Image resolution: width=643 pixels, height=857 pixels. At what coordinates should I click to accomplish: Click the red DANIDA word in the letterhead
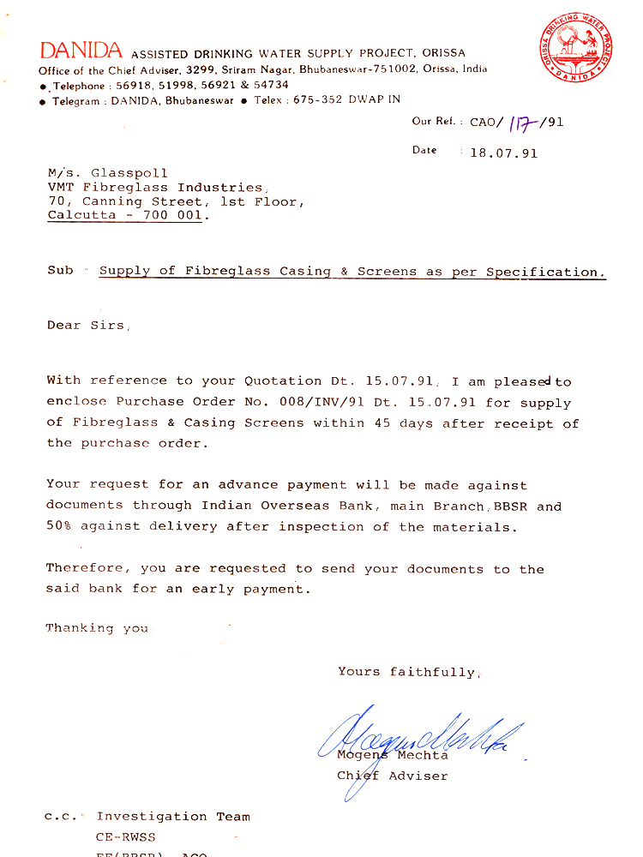(81, 51)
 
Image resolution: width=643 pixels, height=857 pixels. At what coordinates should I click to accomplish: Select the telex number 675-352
(318, 99)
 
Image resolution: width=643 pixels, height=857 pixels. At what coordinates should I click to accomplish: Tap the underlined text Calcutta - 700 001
(127, 216)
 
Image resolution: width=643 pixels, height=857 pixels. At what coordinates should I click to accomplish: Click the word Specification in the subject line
(545, 272)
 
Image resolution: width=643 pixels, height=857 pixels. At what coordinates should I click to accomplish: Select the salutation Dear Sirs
(87, 326)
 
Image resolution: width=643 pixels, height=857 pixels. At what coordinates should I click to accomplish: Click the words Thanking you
(97, 628)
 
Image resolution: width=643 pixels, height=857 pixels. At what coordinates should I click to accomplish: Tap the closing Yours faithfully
(407, 672)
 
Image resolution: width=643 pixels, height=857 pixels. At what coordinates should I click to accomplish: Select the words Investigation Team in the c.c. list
(173, 817)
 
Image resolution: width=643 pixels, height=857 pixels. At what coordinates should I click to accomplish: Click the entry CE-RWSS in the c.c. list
(126, 837)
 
